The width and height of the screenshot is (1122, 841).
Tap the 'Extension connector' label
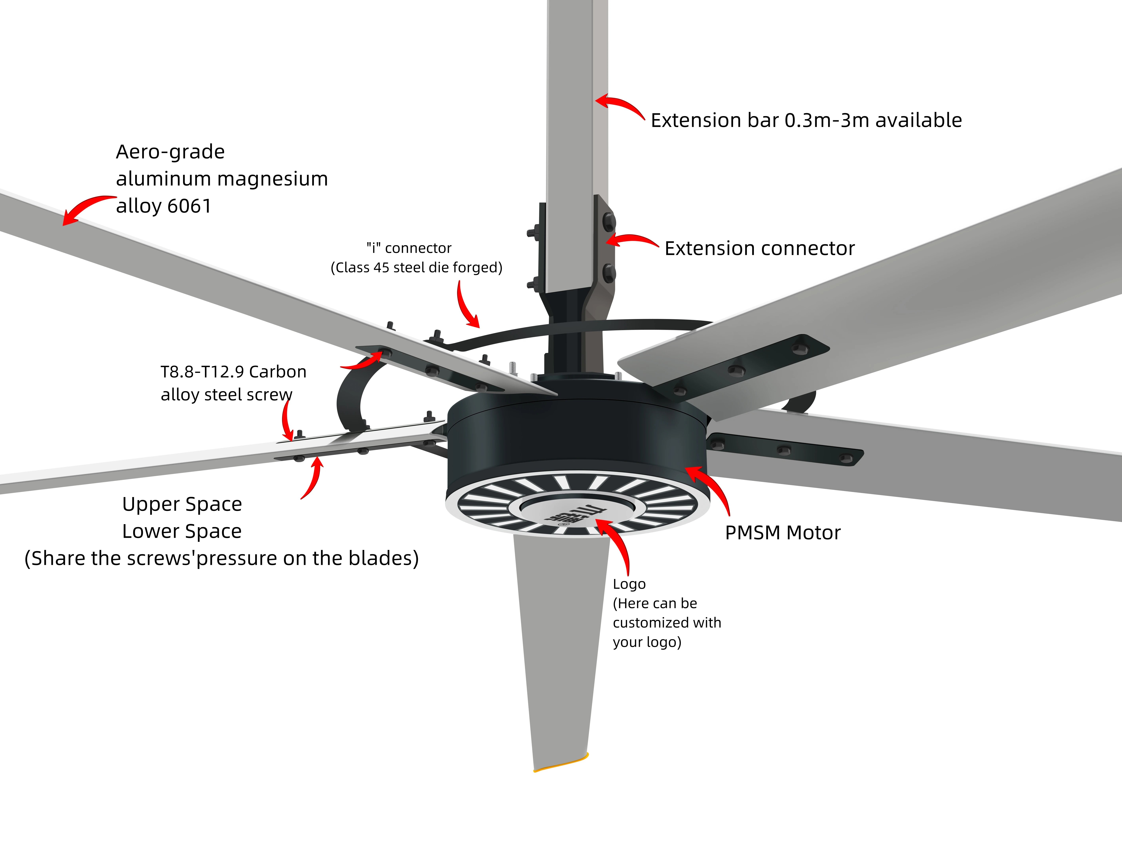759,248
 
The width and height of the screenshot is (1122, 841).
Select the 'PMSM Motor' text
783,533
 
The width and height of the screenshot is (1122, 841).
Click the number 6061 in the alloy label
189,206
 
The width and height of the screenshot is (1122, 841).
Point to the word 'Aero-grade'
170,152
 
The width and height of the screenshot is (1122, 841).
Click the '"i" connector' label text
409,248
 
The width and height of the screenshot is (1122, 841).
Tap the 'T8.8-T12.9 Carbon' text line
233,372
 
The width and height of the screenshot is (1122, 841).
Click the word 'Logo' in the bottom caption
629,584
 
